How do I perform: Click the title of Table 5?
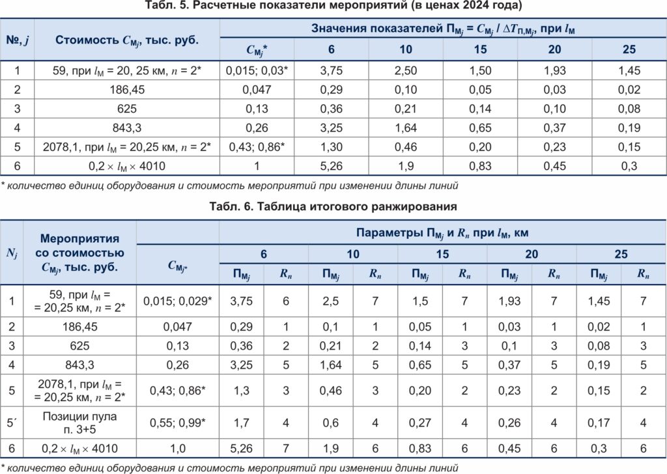click(x=333, y=7)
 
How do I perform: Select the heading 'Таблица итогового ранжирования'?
click(x=333, y=207)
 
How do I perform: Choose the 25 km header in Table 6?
click(x=621, y=254)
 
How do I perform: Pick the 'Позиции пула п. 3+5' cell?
click(x=80, y=422)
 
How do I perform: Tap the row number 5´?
click(x=12, y=422)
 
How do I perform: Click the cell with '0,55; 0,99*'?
click(x=178, y=422)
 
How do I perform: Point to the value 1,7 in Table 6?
click(x=240, y=422)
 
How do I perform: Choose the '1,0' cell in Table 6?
click(x=178, y=448)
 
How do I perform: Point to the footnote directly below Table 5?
click(x=229, y=186)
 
